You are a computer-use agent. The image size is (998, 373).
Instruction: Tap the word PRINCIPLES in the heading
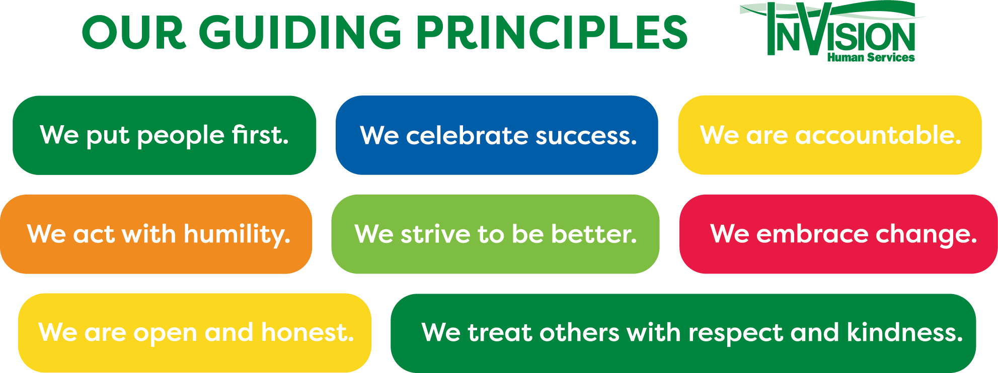(x=552, y=32)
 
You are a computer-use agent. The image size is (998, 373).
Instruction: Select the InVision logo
(x=833, y=32)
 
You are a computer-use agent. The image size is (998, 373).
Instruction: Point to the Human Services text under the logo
(x=871, y=58)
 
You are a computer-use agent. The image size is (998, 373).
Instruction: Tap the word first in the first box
(x=260, y=134)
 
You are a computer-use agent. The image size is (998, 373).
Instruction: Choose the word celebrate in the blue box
(x=467, y=135)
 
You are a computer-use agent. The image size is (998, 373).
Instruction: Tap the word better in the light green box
(x=594, y=234)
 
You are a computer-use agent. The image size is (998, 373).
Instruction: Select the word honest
(x=308, y=332)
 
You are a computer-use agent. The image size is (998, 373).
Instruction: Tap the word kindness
(x=904, y=332)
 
